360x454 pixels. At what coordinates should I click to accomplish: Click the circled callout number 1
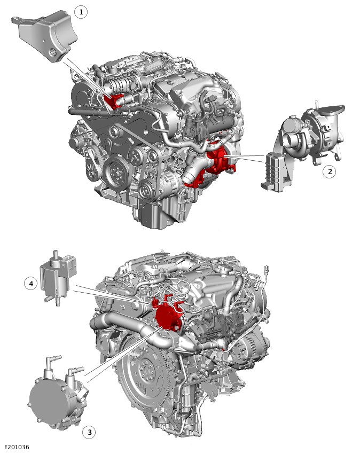(x=81, y=12)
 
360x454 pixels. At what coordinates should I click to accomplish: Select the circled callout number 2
(x=330, y=171)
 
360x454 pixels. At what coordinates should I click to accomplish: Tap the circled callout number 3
(x=89, y=432)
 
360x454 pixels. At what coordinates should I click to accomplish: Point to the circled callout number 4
(x=30, y=284)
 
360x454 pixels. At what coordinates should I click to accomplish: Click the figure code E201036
(x=17, y=448)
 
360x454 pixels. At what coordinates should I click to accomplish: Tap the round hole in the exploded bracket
(x=52, y=52)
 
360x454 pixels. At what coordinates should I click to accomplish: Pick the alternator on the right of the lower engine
(x=252, y=348)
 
